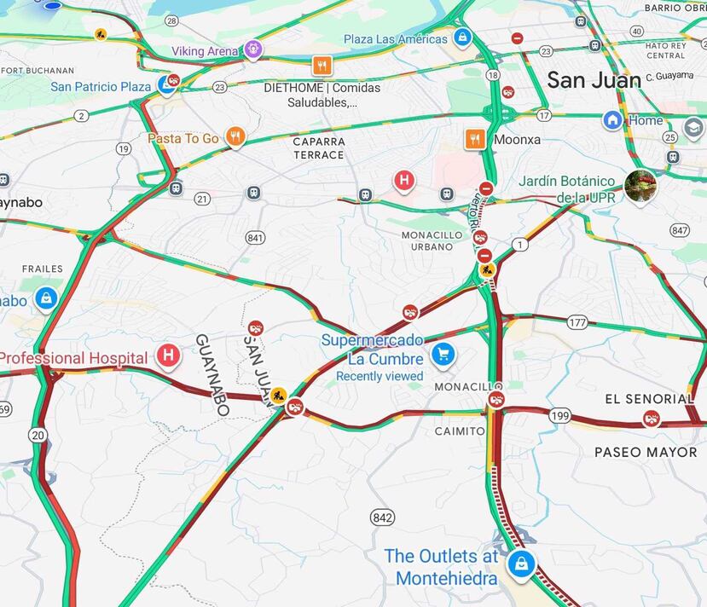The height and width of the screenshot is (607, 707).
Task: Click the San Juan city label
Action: click(594, 80)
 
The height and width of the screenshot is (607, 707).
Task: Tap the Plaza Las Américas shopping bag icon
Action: click(462, 38)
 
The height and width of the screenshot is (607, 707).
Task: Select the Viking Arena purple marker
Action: click(252, 49)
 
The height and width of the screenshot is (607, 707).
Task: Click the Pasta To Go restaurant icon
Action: click(235, 136)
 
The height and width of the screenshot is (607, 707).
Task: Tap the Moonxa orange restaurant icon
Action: click(475, 138)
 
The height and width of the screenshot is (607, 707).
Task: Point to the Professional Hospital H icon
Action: click(169, 356)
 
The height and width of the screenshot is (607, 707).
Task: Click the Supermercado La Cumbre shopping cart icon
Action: click(442, 354)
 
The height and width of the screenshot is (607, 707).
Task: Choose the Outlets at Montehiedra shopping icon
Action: click(519, 564)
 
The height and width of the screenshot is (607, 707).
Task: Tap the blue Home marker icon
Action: click(612, 120)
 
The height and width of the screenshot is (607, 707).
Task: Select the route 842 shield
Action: click(383, 517)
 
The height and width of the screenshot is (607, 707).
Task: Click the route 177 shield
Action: click(577, 322)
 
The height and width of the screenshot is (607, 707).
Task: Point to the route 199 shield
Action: click(560, 415)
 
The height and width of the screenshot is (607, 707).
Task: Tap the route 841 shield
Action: click(254, 237)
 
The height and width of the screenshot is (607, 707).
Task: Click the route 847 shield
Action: click(680, 230)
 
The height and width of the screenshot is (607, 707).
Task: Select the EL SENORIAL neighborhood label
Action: click(649, 398)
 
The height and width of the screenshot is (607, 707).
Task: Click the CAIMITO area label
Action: click(459, 431)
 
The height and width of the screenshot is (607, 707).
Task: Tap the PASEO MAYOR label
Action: click(646, 452)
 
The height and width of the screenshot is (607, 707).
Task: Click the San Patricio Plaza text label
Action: click(101, 87)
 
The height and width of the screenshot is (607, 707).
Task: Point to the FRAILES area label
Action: click(42, 269)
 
